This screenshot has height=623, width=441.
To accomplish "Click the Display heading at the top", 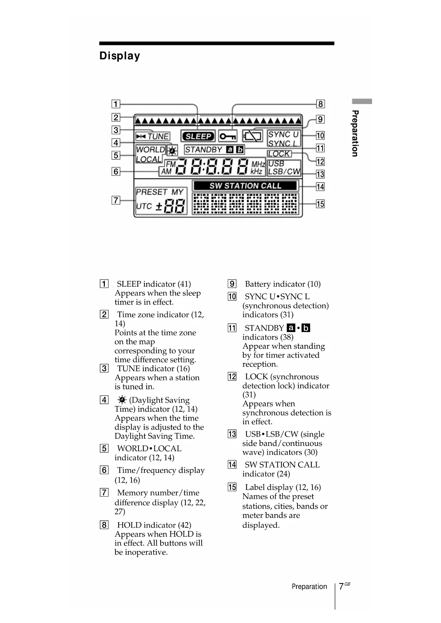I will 120,56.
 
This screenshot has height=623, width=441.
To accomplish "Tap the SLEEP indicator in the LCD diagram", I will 198,136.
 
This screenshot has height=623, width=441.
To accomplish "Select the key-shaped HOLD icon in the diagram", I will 227,136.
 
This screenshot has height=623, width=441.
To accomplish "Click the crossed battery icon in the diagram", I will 252,136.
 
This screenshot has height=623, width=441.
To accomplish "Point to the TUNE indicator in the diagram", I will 153,136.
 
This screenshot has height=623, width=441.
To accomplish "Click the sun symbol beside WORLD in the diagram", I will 172,151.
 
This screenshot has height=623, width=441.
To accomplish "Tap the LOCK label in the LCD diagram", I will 279,154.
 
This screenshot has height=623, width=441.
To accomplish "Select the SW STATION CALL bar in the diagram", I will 245,186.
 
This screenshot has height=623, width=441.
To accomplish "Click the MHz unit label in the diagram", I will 258,164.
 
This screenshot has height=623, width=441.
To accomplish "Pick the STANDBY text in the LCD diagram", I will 204,150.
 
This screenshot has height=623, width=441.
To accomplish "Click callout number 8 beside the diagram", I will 320,104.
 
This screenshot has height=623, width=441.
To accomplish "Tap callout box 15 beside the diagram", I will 320,204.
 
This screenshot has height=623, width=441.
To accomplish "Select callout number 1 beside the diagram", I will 116,104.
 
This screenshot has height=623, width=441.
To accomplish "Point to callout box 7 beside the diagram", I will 116,200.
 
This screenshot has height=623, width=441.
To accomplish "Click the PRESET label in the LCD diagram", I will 151,192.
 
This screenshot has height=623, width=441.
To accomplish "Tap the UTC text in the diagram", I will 144,206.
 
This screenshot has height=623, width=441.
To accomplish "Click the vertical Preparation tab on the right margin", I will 355,133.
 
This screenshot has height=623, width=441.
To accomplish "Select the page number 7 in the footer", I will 341,586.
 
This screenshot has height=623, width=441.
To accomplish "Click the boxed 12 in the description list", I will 232,376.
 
